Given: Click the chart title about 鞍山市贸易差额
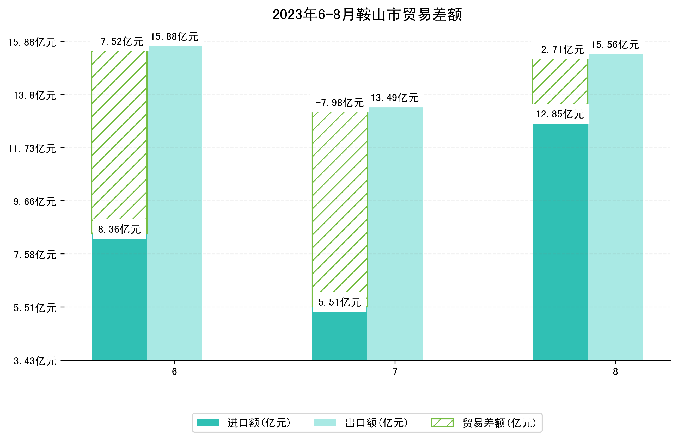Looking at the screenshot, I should pos(367,15).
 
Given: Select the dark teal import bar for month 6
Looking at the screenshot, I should pos(119,299).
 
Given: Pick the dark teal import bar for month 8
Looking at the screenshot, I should pos(560,242).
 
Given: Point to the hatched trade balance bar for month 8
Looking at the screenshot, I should pos(560,82).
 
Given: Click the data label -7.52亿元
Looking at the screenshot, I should pos(119,42).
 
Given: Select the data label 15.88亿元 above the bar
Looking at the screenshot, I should pos(174,37).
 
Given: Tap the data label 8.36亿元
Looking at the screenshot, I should pos(119,229).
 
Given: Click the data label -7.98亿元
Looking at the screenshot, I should pos(339,103).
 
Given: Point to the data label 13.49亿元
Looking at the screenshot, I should pos(395,98).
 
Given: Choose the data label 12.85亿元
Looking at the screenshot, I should pos(560,114).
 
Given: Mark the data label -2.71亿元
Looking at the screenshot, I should pos(560,50).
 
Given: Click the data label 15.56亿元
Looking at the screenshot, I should pos(615,45).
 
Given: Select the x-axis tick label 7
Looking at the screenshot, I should pos(395,372).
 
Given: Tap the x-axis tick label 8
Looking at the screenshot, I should pos(615,372).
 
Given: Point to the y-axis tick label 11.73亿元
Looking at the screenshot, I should pos(32,149).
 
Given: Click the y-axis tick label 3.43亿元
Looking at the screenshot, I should pos(35,361).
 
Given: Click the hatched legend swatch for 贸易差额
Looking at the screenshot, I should pos(442,423).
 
